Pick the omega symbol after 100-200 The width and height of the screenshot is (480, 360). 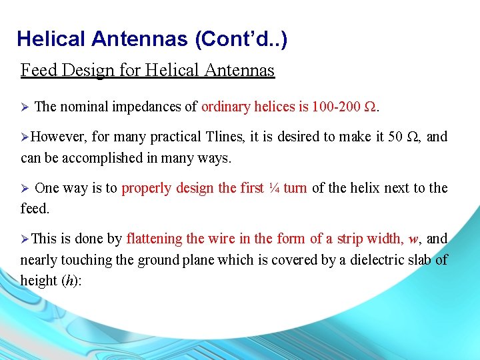371,106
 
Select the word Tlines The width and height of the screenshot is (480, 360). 225,137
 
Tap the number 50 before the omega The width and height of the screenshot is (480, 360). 395,137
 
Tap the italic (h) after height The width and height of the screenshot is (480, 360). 70,281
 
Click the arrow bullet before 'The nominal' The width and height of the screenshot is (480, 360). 25,107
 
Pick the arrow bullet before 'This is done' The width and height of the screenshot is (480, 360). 25,239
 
